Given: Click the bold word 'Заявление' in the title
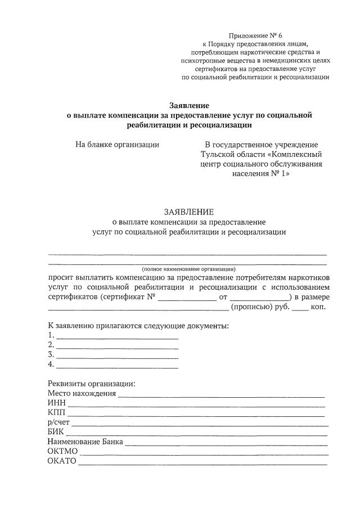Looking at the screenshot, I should [190, 105].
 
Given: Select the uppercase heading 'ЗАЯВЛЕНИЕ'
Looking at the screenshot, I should [189, 212].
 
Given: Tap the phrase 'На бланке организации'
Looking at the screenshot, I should [118, 145].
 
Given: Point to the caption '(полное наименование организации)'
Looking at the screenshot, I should [189, 268].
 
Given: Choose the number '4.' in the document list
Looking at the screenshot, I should [51, 365].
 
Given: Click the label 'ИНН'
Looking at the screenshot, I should [57, 403].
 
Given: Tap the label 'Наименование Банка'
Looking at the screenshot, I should [85, 442].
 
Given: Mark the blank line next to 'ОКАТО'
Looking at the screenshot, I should [202, 464].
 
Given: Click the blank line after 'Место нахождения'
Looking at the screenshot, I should [222, 395].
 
